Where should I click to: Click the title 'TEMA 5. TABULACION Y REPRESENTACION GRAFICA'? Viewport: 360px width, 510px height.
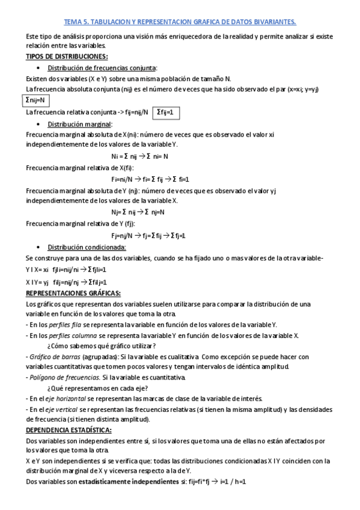[x=180, y=22]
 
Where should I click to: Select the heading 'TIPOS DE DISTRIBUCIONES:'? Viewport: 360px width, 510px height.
[x=67, y=57]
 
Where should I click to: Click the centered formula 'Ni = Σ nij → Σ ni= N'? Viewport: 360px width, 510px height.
[x=139, y=156]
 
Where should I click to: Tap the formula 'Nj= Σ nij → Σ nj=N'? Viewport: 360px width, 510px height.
[x=138, y=212]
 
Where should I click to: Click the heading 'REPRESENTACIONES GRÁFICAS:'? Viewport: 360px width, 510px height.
[x=73, y=293]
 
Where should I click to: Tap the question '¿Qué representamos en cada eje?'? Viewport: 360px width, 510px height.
[x=96, y=388]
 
